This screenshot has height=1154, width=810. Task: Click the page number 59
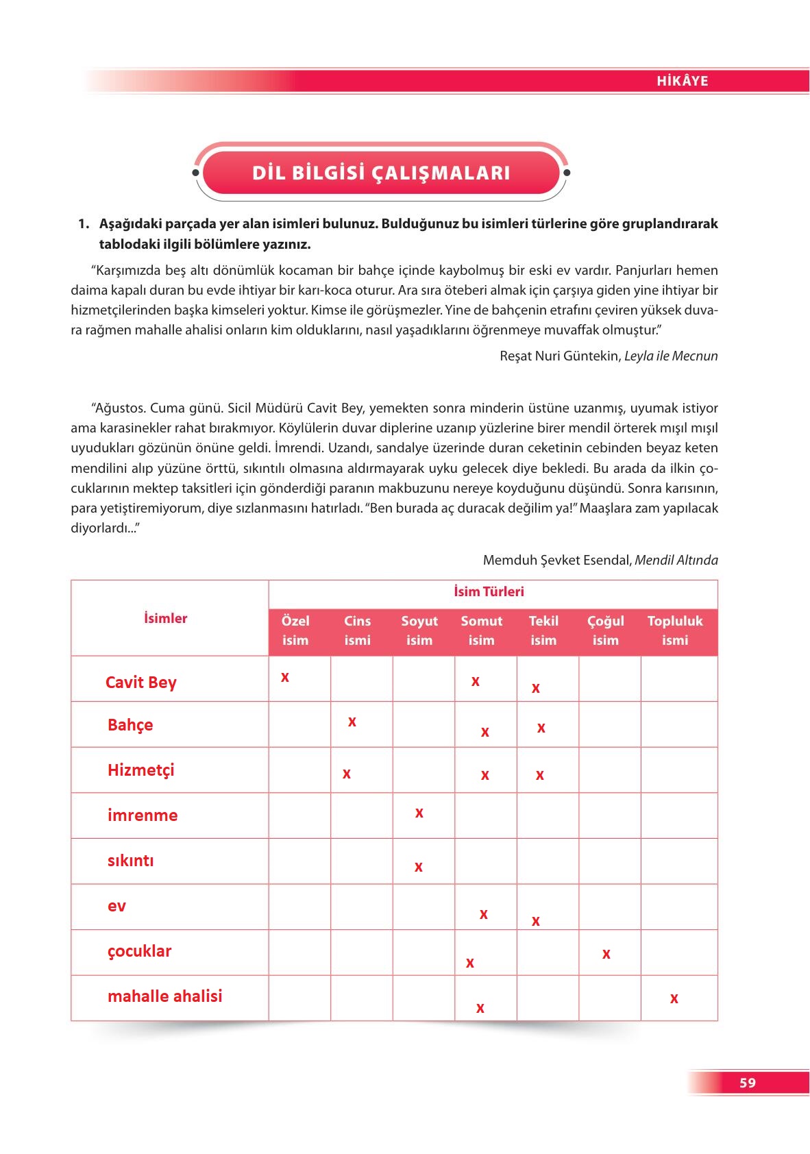point(748,1083)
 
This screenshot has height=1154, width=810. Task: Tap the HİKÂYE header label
point(682,81)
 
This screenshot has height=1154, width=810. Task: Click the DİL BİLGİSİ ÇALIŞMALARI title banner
point(381,173)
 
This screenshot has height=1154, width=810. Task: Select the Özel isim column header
point(295,630)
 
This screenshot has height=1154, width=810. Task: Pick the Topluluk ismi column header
point(675,630)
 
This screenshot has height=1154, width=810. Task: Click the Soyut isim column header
point(419,630)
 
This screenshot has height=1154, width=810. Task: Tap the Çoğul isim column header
point(606,630)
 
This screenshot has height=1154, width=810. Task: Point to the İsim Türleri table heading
point(489,591)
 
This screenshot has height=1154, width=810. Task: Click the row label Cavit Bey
point(141,683)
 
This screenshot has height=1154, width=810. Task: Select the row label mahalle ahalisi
point(165,996)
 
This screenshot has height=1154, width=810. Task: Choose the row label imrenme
point(143,815)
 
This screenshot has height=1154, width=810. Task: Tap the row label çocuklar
point(140,951)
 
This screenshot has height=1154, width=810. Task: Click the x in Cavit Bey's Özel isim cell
point(285,678)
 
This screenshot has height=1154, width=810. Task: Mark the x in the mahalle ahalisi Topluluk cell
point(674,999)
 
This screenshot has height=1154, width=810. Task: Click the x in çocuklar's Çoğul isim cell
point(606,954)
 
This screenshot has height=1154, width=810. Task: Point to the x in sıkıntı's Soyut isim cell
point(419,868)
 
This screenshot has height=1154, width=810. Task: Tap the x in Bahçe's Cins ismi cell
point(352,722)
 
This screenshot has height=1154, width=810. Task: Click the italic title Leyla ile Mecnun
point(671,356)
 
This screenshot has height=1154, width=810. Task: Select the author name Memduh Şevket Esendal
point(556,561)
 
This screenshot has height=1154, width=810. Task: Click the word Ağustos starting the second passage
point(119,408)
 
